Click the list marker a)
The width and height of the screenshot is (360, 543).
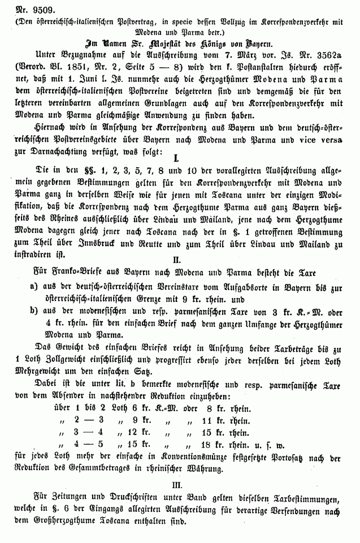pyautogui.click(x=34, y=288)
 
